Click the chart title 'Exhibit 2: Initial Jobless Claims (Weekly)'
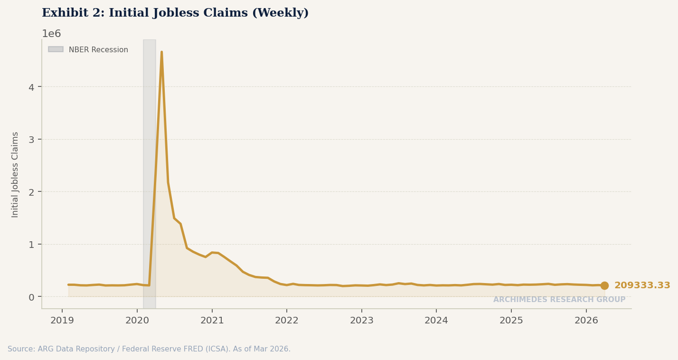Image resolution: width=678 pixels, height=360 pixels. pyautogui.click(x=175, y=13)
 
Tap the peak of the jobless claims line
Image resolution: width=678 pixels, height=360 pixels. pyautogui.click(x=161, y=52)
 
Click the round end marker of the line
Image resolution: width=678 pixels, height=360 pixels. pyautogui.click(x=604, y=285)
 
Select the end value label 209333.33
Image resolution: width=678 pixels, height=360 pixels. pyautogui.click(x=642, y=285)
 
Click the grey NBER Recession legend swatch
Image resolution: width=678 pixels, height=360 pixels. pyautogui.click(x=56, y=49)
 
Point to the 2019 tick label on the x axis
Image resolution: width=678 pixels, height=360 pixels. pyautogui.click(x=62, y=321)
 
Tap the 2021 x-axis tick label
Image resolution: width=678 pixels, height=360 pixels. pyautogui.click(x=212, y=321)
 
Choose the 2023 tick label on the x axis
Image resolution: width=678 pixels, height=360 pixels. pyautogui.click(x=362, y=321)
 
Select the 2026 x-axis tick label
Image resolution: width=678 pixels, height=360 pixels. pyautogui.click(x=586, y=321)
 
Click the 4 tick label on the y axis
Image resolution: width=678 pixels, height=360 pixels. pyautogui.click(x=31, y=87)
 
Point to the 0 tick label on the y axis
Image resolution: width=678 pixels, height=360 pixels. pyautogui.click(x=31, y=297)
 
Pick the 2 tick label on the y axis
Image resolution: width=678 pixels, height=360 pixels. pyautogui.click(x=31, y=192)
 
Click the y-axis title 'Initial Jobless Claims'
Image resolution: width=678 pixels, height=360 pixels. pyautogui.click(x=15, y=174)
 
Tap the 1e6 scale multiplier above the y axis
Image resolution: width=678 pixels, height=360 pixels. pyautogui.click(x=51, y=34)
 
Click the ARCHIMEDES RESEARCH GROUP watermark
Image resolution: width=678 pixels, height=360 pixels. pyautogui.click(x=559, y=300)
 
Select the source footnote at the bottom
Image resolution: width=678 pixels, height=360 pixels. pyautogui.click(x=149, y=349)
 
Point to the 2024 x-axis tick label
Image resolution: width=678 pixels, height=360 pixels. pyautogui.click(x=436, y=321)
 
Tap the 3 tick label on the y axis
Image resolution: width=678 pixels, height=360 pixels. pyautogui.click(x=31, y=139)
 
